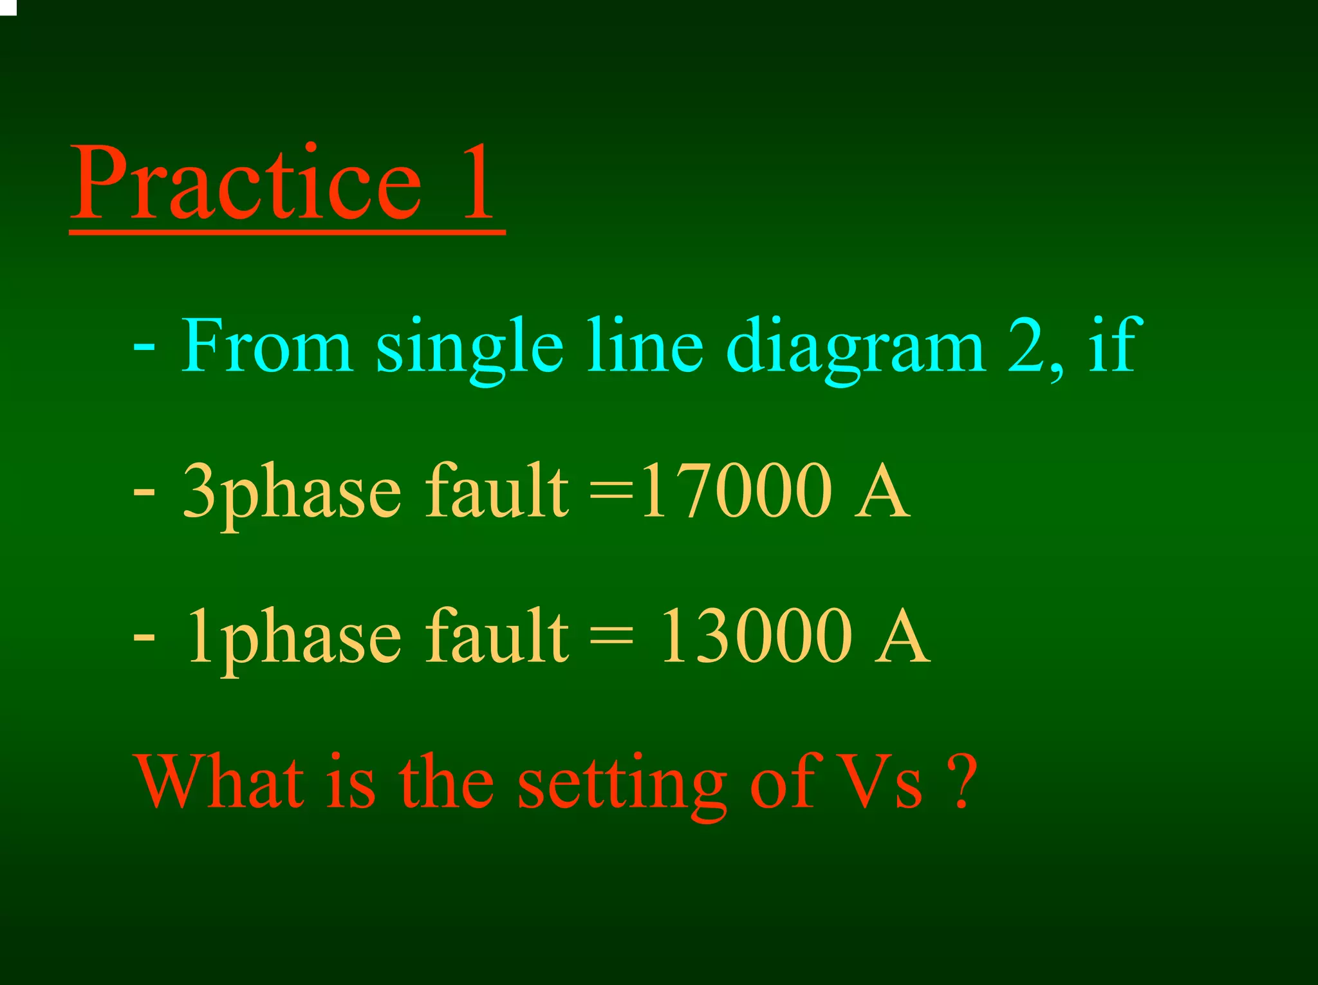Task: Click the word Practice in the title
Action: pyautogui.click(x=248, y=183)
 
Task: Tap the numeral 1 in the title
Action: pyautogui.click(x=478, y=183)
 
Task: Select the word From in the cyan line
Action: pyautogui.click(x=266, y=346)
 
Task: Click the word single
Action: pyautogui.click(x=469, y=351)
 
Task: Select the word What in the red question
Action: pyautogui.click(x=219, y=782)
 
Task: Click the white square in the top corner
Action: pyautogui.click(x=8, y=6)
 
